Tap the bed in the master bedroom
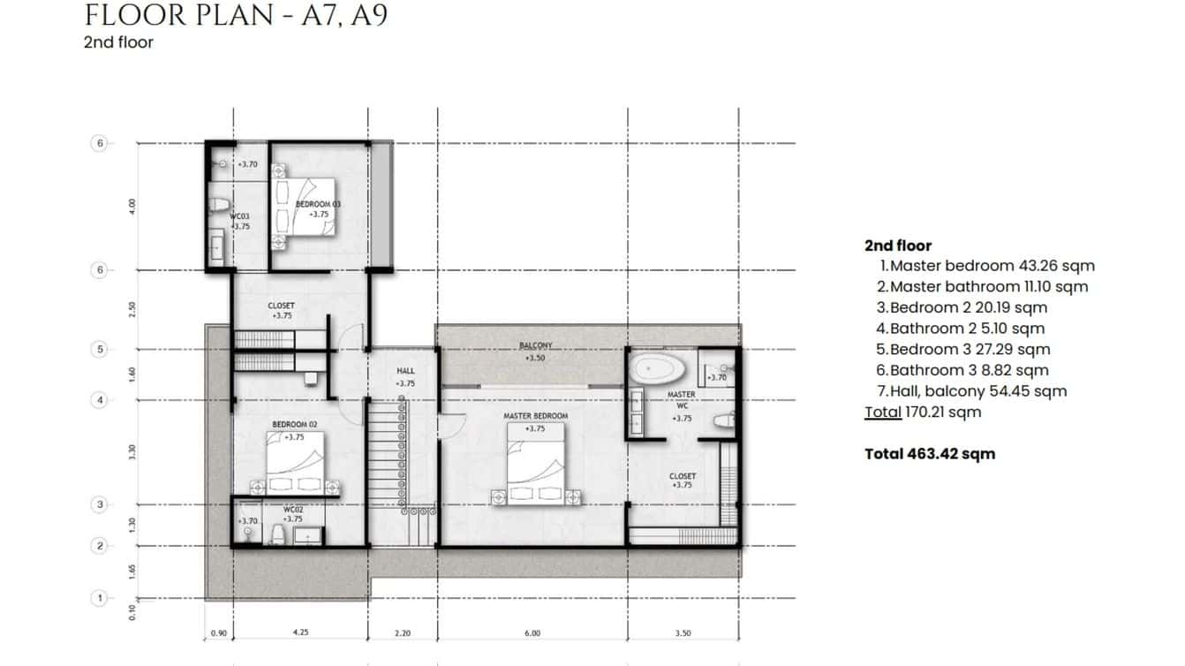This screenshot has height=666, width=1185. click(x=534, y=465)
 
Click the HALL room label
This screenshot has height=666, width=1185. click(x=405, y=371)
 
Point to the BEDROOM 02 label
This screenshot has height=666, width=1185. click(x=294, y=425)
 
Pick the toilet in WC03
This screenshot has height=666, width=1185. click(x=218, y=205)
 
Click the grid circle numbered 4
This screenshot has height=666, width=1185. click(x=100, y=401)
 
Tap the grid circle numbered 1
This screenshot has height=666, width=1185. click(x=100, y=599)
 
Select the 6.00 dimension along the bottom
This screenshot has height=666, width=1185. click(x=532, y=633)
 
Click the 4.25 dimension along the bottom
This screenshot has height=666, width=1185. click(x=300, y=633)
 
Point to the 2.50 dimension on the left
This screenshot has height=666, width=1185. click(x=132, y=309)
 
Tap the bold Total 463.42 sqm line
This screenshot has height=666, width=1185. click(x=929, y=454)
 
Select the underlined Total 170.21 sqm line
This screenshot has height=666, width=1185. click(x=922, y=412)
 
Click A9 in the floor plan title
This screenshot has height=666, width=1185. click(x=368, y=15)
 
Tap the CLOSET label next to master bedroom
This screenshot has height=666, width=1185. click(x=682, y=476)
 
